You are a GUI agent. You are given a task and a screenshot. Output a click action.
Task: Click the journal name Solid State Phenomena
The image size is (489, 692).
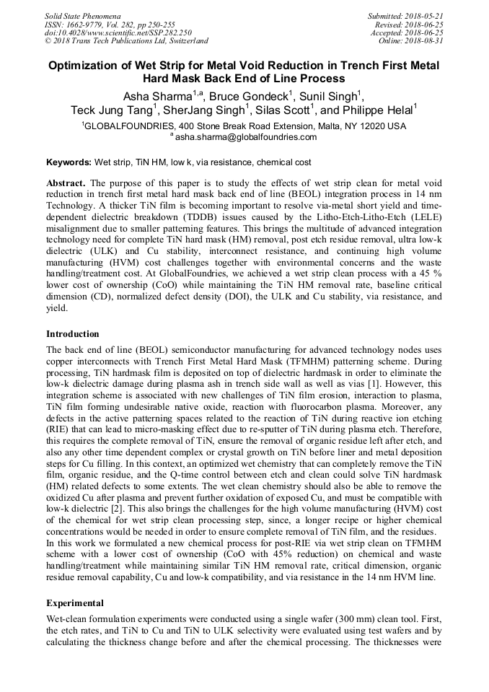(x=82, y=15)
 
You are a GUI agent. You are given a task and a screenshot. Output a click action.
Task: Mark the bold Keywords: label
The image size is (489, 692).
(x=69, y=164)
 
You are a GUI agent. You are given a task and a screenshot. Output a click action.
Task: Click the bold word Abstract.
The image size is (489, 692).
(x=66, y=184)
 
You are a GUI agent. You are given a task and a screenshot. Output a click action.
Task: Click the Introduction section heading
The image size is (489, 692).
(x=73, y=334)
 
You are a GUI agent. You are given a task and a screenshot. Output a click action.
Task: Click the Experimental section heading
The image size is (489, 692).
(x=75, y=603)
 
